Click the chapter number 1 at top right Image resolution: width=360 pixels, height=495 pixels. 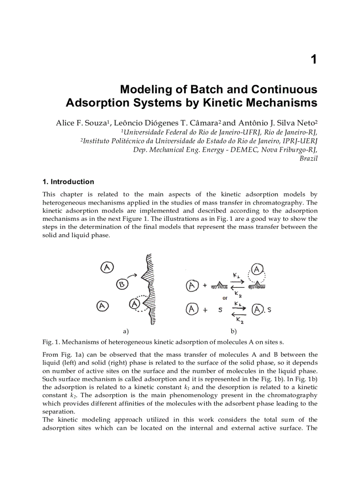pyautogui.click(x=314, y=60)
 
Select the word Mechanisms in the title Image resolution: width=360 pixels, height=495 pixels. pyautogui.click(x=281, y=103)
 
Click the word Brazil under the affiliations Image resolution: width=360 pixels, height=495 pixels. pyautogui.click(x=308, y=158)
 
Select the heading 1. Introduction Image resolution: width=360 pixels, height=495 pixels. pyautogui.click(x=68, y=182)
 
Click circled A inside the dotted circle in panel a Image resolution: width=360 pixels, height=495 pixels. pyautogui.click(x=135, y=303)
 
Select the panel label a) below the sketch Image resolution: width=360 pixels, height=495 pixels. pyautogui.click(x=125, y=331)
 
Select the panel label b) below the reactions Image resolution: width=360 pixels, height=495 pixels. pyautogui.click(x=233, y=331)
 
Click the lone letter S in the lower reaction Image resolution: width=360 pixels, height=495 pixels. pyautogui.click(x=220, y=310)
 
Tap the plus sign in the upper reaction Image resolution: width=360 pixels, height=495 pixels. pyautogui.click(x=205, y=286)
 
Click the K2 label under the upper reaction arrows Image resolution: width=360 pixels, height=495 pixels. pyautogui.click(x=238, y=294)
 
